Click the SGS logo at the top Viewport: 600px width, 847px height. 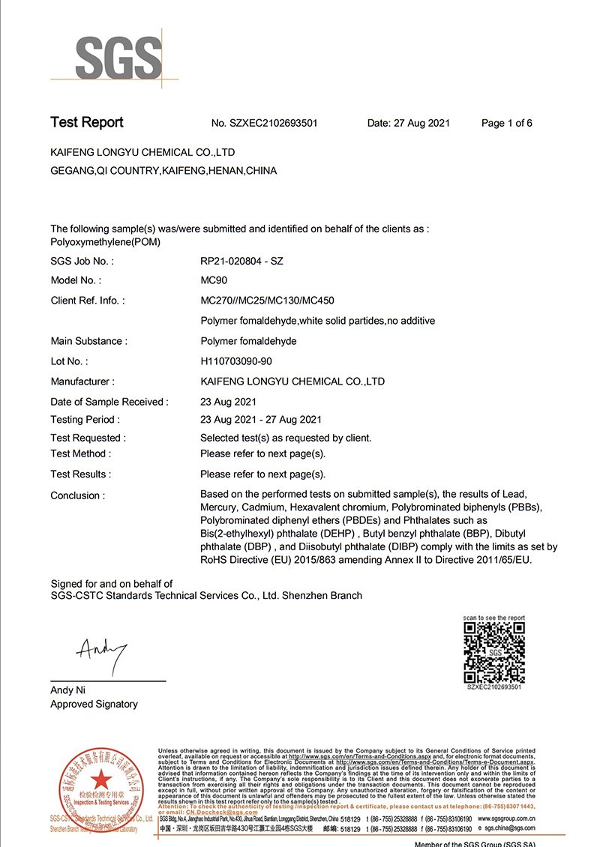(x=118, y=57)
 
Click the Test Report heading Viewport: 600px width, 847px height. (x=87, y=122)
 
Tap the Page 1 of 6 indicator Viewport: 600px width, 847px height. (x=506, y=123)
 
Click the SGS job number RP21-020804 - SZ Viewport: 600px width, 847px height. (x=241, y=261)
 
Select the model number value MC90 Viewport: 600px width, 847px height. (x=214, y=280)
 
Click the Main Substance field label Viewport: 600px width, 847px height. (x=88, y=341)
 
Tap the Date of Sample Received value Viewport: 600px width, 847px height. (x=229, y=402)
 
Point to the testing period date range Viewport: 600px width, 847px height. (x=261, y=420)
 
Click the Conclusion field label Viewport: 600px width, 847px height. (x=77, y=495)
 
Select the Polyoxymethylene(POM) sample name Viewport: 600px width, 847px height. (x=105, y=242)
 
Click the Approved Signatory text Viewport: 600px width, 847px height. (x=94, y=704)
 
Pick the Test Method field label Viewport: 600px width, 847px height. (x=80, y=453)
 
